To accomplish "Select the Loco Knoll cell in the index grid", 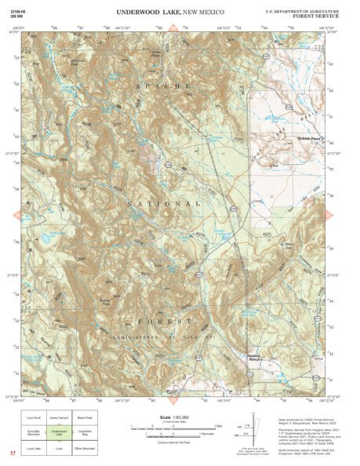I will (x=33, y=417).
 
